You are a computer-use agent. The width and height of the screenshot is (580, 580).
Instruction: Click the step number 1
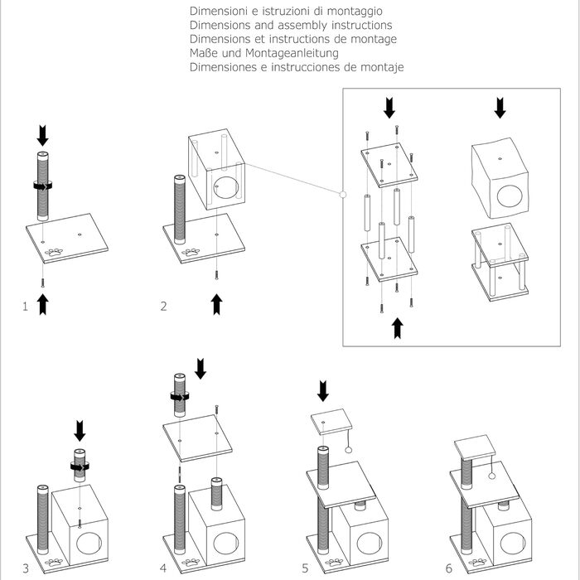click(26, 307)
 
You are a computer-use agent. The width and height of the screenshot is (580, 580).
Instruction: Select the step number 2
click(164, 307)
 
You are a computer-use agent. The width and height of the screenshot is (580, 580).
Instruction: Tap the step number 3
click(26, 568)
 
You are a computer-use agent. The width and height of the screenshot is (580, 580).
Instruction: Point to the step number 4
click(164, 568)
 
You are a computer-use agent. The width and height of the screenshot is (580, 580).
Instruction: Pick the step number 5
click(305, 568)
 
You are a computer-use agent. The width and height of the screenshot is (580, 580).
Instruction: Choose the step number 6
click(448, 568)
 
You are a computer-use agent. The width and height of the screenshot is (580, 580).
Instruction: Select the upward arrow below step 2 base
click(217, 303)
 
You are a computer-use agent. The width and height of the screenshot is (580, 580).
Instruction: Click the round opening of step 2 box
click(229, 187)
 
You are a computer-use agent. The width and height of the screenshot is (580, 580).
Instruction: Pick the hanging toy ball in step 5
click(349, 450)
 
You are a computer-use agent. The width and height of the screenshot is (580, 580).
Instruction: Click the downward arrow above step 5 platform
click(323, 390)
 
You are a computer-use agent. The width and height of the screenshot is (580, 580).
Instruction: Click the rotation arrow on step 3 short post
click(80, 466)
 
